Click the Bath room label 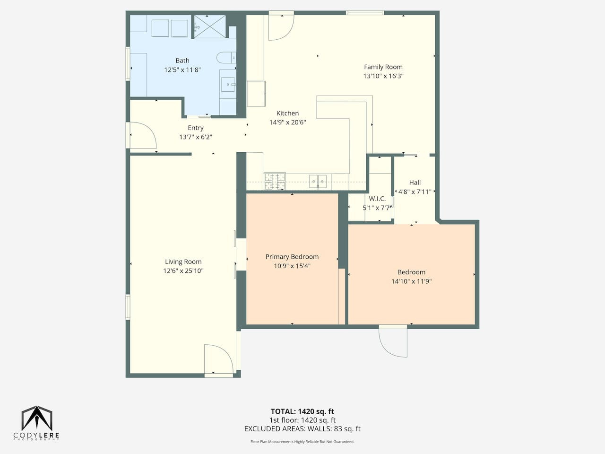pos(182,61)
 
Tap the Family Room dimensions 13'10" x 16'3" pos(383,76)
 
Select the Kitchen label pos(287,113)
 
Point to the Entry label pos(196,128)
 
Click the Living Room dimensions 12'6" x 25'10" pos(183,271)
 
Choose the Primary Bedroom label pos(292,257)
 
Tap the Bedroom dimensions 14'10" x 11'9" pos(412,281)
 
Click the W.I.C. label pos(377,199)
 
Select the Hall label pos(415,183)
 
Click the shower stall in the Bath pos(210,27)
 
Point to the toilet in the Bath pos(226,58)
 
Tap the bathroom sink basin pos(228,84)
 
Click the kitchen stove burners pos(275,181)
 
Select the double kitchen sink pos(318,182)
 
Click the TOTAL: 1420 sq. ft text pos(302,411)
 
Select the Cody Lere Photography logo pos(37,423)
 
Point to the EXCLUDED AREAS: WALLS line pos(302,428)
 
